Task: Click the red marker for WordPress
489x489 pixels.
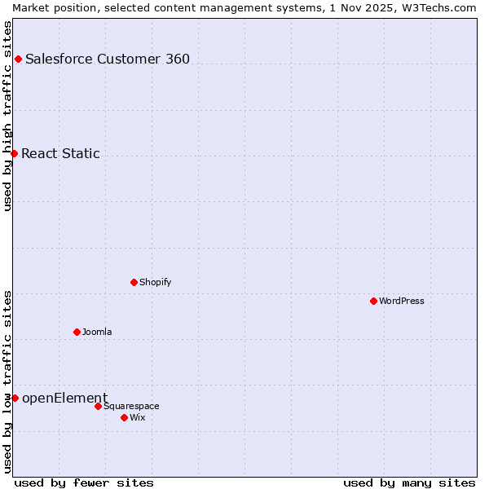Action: point(373,301)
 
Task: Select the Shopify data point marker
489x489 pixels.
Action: point(134,282)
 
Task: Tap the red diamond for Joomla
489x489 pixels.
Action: point(77,332)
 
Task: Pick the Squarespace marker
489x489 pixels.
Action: point(98,406)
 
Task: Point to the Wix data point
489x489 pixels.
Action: point(124,417)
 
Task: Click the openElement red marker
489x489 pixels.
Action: point(15,398)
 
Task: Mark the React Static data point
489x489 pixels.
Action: point(14,153)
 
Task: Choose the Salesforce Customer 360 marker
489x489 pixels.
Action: point(18,59)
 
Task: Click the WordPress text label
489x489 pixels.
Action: point(402,301)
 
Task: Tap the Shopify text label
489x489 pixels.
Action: point(156,282)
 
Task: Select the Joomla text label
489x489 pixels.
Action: point(97,332)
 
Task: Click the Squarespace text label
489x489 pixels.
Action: point(131,406)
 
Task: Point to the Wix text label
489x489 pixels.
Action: point(138,417)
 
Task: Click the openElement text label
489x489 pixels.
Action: point(64,398)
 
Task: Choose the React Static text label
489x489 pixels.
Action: point(60,153)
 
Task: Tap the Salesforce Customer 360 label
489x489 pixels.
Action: point(108,59)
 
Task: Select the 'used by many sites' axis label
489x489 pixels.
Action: point(409,482)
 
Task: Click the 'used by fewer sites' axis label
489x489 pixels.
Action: point(84,482)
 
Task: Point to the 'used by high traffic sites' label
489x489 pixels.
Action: point(7,116)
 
